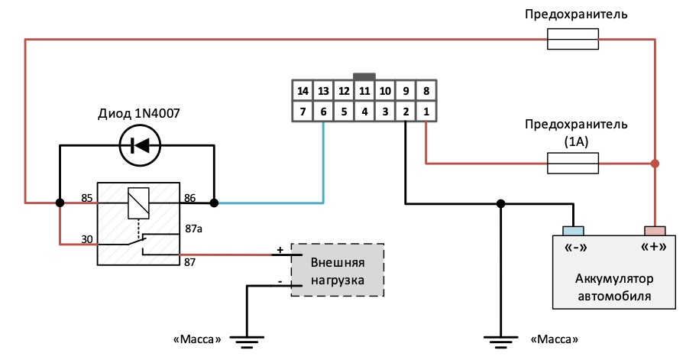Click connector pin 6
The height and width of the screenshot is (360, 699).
click(x=323, y=112)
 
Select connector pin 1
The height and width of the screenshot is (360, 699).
click(x=426, y=112)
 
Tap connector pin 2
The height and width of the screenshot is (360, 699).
click(x=406, y=112)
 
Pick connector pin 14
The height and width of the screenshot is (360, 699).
click(x=303, y=91)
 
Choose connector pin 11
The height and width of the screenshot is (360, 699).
click(x=364, y=91)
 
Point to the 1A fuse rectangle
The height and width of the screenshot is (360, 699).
click(x=573, y=162)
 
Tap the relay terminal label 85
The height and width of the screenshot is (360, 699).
click(x=88, y=199)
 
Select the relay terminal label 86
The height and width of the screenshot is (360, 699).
click(x=189, y=199)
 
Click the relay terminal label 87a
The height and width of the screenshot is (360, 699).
click(x=193, y=229)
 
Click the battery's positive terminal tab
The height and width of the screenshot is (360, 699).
click(x=655, y=231)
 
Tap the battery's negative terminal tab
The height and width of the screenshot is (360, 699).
click(x=573, y=231)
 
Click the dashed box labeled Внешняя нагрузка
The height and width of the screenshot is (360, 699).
click(x=338, y=271)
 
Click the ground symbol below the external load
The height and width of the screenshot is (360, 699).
click(x=246, y=342)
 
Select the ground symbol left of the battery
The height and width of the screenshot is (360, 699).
click(x=500, y=342)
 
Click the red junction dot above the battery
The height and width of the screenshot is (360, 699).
click(x=655, y=163)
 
